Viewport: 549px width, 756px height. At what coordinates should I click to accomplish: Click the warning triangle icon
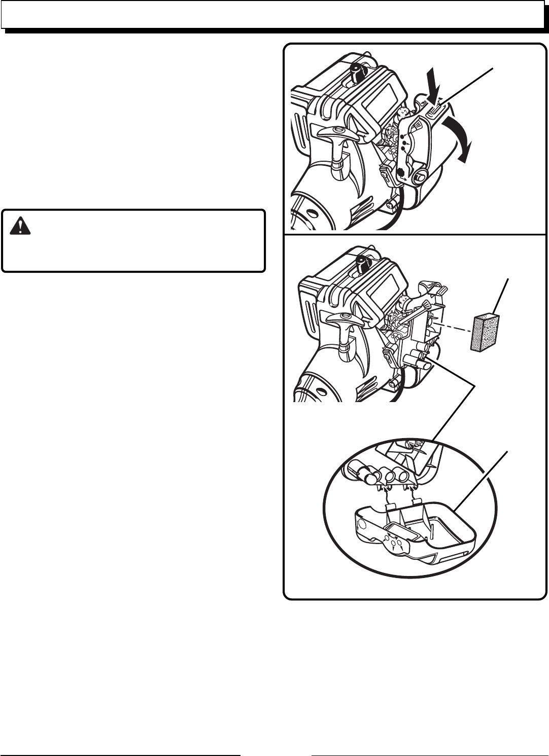pos(20,226)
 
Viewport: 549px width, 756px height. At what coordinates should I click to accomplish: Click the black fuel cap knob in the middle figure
pos(367,263)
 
